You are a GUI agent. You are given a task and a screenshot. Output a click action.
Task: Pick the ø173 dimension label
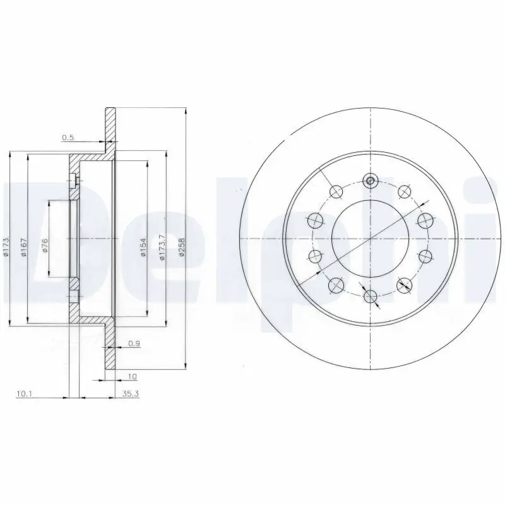(7, 246)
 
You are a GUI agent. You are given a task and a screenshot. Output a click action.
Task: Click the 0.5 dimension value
(68, 137)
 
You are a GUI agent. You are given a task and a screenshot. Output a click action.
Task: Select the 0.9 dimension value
(133, 343)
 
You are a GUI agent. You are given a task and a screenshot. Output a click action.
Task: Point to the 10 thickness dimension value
(132, 376)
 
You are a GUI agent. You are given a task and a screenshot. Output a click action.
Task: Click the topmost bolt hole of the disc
(371, 181)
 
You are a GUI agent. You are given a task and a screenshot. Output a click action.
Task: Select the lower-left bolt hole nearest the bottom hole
(336, 285)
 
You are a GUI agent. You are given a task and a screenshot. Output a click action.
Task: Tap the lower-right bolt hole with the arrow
(404, 285)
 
